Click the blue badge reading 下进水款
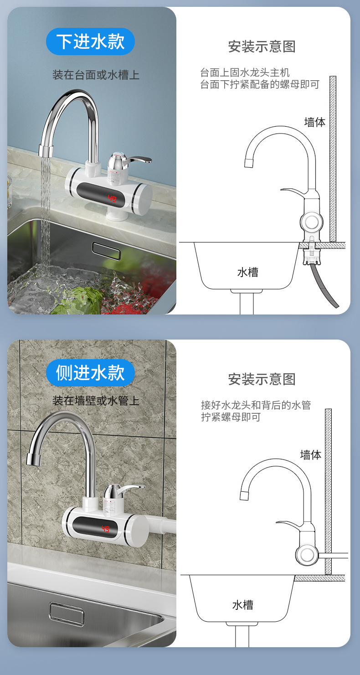point(90,41)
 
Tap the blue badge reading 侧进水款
point(90,372)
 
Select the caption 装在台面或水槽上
point(96,75)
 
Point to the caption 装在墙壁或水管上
point(96,401)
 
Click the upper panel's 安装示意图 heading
point(262,46)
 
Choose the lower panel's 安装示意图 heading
point(262,379)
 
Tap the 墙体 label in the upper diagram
point(314,122)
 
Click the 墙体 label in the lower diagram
point(310,455)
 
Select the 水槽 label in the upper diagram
point(247,273)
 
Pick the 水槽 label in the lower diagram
point(242,605)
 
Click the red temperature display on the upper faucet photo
point(112,199)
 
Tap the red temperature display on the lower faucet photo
point(105,529)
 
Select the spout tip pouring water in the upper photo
point(46,151)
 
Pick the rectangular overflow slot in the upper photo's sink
point(106,248)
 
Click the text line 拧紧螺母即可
point(231,417)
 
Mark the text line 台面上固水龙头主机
point(245,72)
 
